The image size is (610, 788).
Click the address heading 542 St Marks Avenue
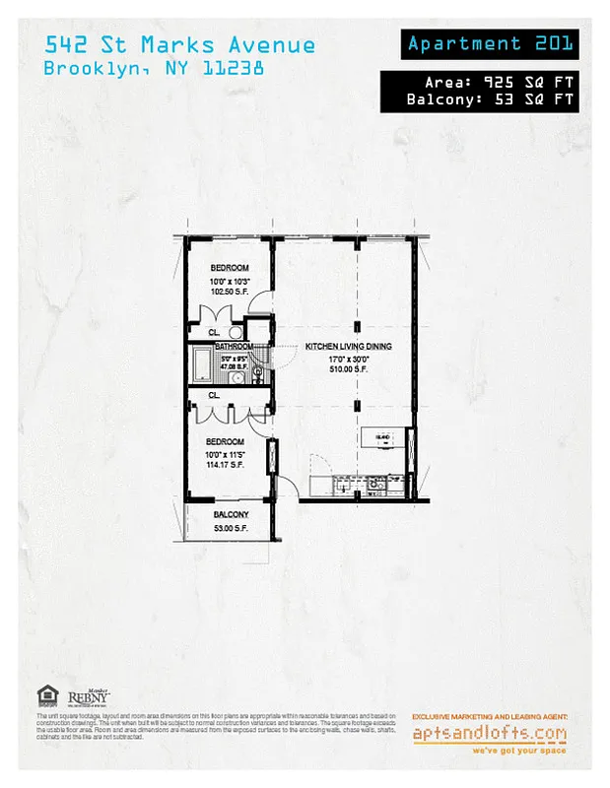coord(179,44)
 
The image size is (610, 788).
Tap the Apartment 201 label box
coord(489,43)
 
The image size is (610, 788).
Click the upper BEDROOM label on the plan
coord(230,268)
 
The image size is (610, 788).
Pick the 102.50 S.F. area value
coord(230,292)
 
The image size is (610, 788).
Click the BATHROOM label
coord(235,347)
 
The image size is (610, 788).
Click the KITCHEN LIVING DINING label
coord(349,347)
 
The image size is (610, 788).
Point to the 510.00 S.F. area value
coord(349,369)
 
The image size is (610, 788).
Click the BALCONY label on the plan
coord(232,515)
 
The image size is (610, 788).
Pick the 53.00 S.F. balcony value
coord(232,528)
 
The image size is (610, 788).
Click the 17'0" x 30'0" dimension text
coord(349,359)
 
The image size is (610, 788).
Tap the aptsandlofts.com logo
coord(490,733)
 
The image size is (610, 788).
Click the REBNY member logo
coord(88,697)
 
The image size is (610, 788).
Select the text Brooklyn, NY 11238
coord(153,69)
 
